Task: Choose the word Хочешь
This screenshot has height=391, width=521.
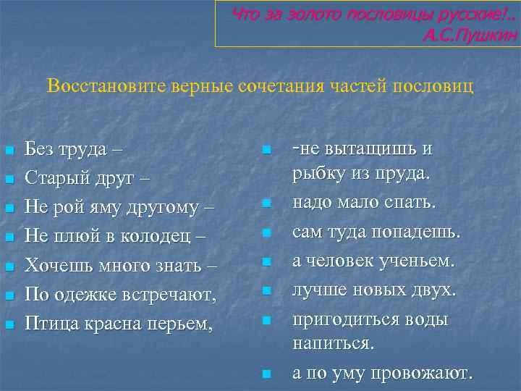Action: pos(56,265)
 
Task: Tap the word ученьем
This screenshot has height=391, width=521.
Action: pos(428,261)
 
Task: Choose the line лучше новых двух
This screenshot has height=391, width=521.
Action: pos(373,290)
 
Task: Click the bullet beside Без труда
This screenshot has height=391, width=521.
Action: pos(8,151)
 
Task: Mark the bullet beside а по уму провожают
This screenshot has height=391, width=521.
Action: pos(266,374)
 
